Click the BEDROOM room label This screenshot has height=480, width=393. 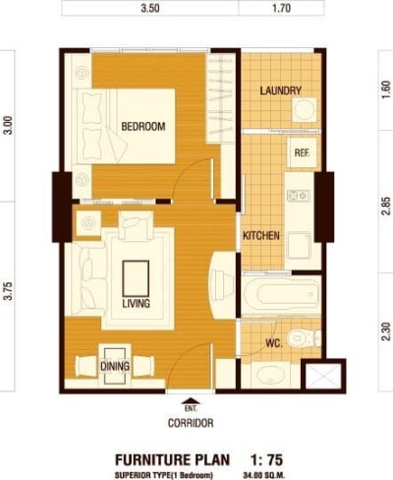(x=143, y=127)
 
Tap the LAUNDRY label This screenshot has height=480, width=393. (x=281, y=90)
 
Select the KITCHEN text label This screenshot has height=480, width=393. (x=261, y=235)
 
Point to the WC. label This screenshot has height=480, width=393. (x=274, y=343)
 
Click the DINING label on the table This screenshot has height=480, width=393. (x=115, y=366)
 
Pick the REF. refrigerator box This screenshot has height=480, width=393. (x=302, y=152)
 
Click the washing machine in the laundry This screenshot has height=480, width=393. (x=305, y=109)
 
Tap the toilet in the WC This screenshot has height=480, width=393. (x=304, y=337)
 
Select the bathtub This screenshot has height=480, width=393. (x=282, y=295)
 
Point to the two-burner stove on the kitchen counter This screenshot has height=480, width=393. (x=299, y=196)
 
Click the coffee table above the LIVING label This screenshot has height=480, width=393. (x=136, y=278)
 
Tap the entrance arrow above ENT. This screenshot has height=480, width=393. (x=191, y=400)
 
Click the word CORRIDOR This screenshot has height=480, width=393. (x=191, y=423)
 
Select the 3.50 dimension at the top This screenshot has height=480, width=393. (x=150, y=8)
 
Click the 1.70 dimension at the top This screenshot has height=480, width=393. (x=281, y=8)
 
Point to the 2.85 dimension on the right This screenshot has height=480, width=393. (x=386, y=206)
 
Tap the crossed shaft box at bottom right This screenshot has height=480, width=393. (x=323, y=376)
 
